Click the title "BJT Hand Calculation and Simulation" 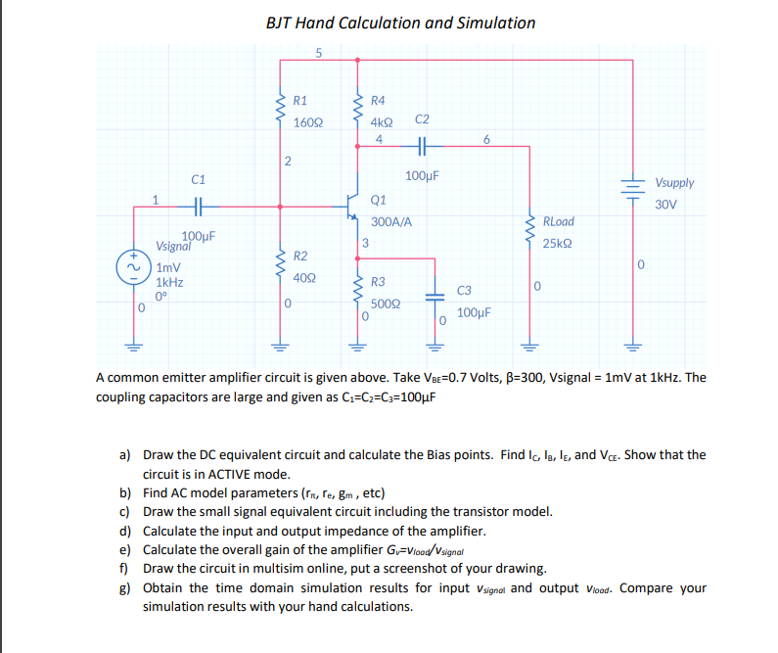tap(401, 23)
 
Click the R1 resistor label tap(301, 100)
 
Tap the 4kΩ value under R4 tap(382, 122)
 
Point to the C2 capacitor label tap(422, 119)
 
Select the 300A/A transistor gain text tap(391, 221)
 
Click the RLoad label tap(558, 221)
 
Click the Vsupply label tap(675, 183)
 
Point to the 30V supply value tap(666, 205)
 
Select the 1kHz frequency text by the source tap(169, 281)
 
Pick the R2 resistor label tap(301, 257)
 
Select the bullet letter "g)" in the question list tap(124, 588)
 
